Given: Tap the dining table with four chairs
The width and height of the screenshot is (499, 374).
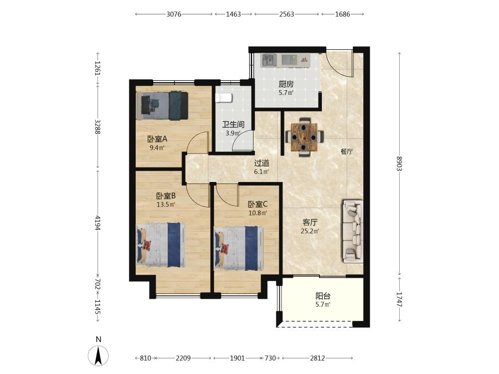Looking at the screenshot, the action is click(x=305, y=138).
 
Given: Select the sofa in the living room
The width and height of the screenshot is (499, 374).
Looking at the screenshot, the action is click(x=353, y=231).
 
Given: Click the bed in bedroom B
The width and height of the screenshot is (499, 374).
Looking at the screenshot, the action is click(x=161, y=245).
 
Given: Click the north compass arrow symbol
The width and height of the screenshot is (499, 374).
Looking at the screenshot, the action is click(x=99, y=355).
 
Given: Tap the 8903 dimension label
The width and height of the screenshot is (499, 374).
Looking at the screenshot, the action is click(x=399, y=163).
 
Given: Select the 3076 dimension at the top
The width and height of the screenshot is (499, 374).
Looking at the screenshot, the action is click(x=174, y=14).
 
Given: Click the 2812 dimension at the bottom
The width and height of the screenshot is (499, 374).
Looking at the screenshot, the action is click(x=317, y=358).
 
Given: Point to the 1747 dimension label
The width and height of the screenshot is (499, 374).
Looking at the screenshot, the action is click(x=399, y=299).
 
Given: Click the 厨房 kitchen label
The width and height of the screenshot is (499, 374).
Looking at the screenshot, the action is click(x=286, y=84).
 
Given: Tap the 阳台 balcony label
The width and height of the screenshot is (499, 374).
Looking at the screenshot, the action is click(x=323, y=296).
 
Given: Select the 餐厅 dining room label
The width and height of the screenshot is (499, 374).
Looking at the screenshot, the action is click(x=347, y=152).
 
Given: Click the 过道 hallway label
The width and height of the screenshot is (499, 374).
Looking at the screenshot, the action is click(x=261, y=163).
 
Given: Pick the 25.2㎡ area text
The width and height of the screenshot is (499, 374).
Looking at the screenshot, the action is click(x=310, y=231).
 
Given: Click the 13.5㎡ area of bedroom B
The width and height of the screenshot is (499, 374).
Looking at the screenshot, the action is click(x=166, y=204).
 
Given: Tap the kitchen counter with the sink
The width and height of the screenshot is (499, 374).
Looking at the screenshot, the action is click(x=285, y=60).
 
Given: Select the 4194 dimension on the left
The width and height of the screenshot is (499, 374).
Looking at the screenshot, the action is click(x=98, y=223).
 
